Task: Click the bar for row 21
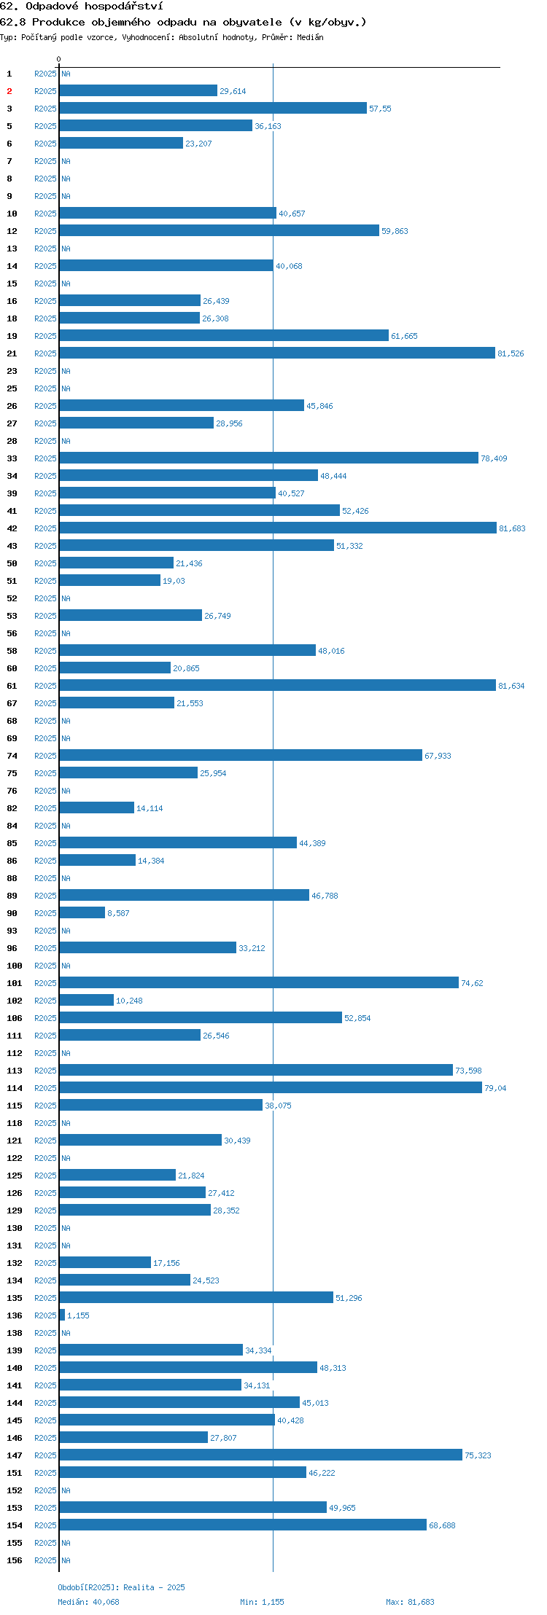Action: pos(277,353)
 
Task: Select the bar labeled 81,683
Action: pos(278,528)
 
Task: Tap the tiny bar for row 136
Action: pos(62,1315)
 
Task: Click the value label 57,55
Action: pos(380,109)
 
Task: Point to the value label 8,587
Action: pos(118,913)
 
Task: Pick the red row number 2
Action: pos(9,91)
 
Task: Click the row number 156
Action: pos(15,1560)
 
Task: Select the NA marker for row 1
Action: pos(66,74)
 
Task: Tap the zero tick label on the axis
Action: pos(59,59)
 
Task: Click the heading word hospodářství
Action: pos(123,7)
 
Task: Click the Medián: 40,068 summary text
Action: pos(88,1602)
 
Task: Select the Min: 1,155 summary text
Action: pos(262,1602)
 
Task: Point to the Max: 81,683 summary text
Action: pos(410,1602)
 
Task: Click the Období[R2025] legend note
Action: pos(121,1587)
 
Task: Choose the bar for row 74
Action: pos(241,755)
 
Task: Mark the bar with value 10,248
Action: pos(87,1000)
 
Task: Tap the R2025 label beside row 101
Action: pos(45,983)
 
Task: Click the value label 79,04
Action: pos(495,1088)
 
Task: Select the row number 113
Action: pos(15,1071)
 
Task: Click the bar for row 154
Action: pos(243,1525)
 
